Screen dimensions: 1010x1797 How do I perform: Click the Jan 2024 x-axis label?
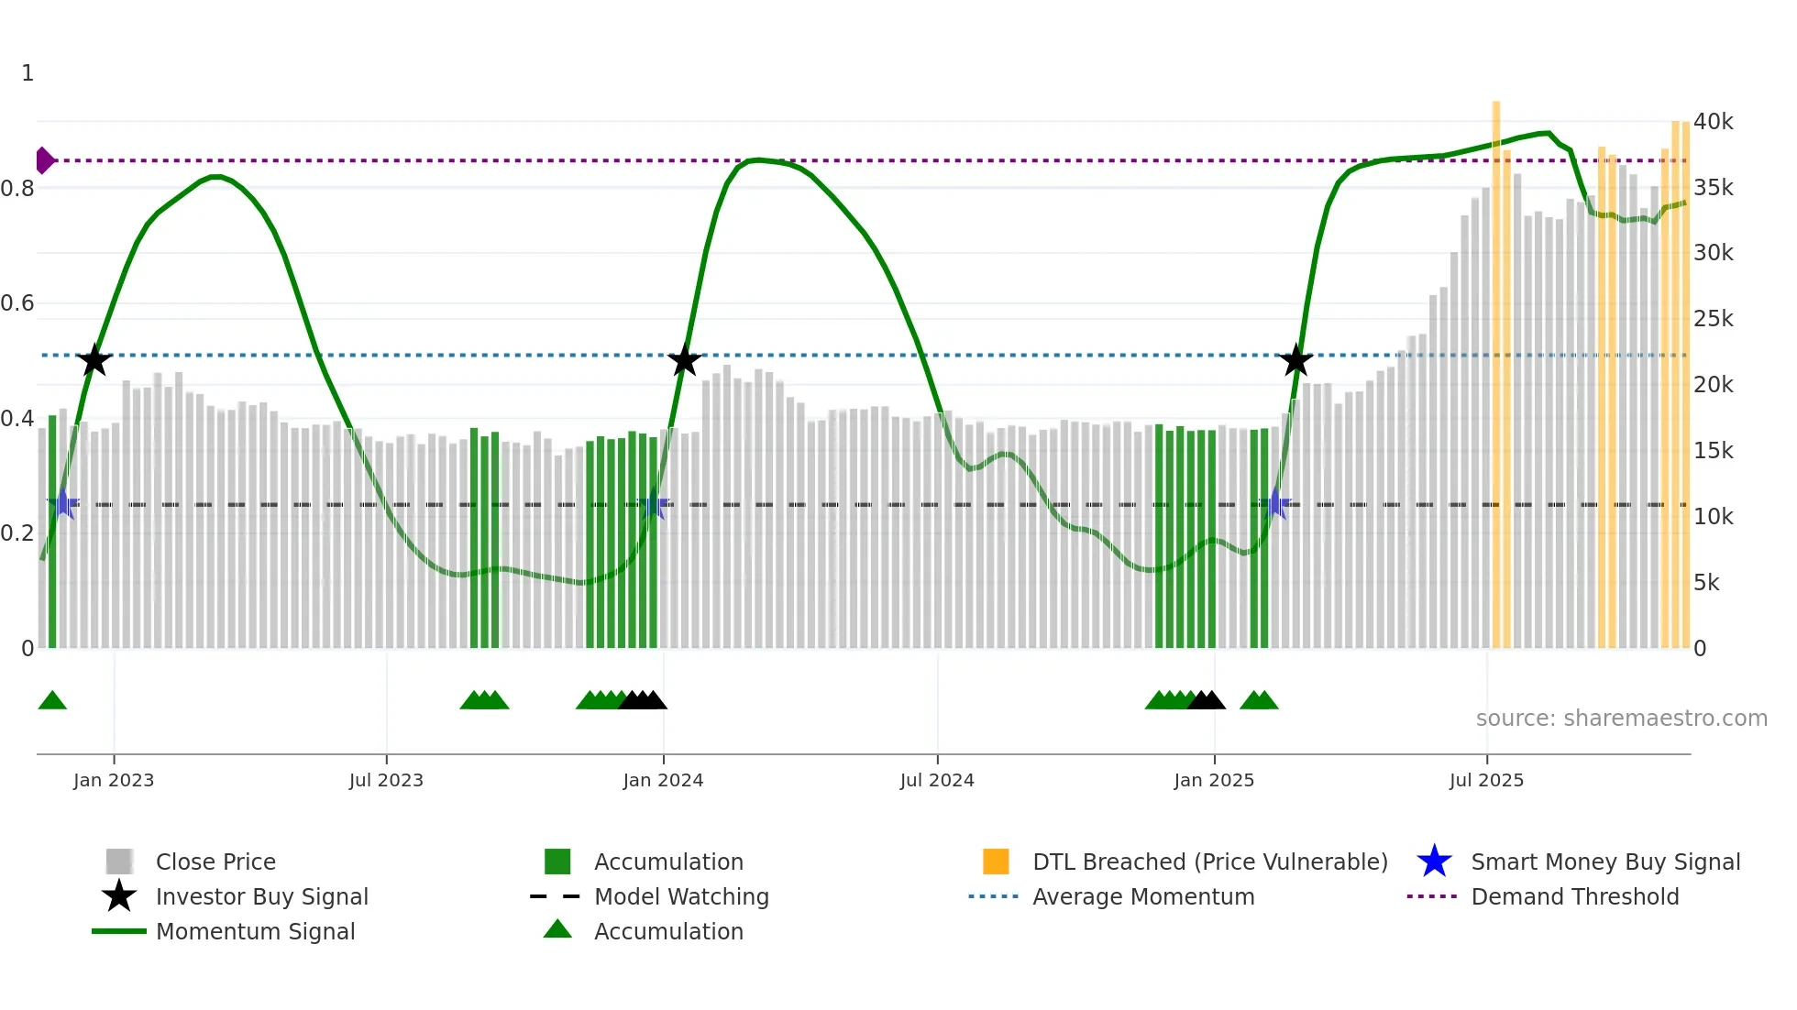(x=663, y=780)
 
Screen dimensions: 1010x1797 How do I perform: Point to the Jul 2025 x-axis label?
(x=1486, y=780)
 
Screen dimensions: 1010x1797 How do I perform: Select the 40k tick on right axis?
(x=1713, y=122)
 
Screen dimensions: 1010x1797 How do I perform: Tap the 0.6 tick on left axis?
(x=18, y=303)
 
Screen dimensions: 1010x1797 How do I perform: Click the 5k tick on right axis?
(x=1706, y=583)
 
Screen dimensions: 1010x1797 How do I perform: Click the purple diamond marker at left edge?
(x=44, y=160)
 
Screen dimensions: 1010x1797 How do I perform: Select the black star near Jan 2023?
(x=94, y=360)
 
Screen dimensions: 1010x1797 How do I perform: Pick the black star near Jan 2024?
(x=684, y=360)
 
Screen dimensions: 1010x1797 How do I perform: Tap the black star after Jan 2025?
(x=1295, y=360)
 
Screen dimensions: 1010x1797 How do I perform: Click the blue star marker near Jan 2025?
(x=1274, y=504)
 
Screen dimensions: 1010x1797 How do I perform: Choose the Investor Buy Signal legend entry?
(x=261, y=896)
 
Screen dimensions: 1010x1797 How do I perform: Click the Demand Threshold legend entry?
(x=1574, y=896)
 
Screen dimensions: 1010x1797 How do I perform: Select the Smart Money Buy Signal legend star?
(x=1434, y=862)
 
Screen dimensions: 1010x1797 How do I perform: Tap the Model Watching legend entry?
(x=680, y=896)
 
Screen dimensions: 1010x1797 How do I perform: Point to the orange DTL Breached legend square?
(x=996, y=862)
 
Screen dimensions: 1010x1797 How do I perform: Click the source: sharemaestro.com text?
(x=1621, y=718)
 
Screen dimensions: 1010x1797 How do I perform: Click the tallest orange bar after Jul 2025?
(x=1496, y=367)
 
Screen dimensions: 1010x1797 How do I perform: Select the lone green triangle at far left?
(x=52, y=701)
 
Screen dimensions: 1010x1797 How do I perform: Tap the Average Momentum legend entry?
(x=1142, y=896)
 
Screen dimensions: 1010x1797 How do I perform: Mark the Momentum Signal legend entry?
(x=255, y=931)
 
